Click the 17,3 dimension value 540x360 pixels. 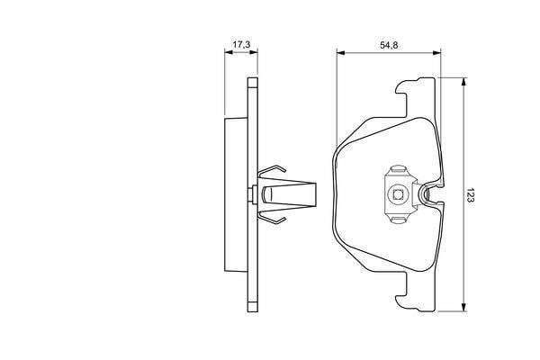[241, 44]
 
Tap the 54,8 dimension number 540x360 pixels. [389, 45]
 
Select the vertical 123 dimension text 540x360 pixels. [471, 195]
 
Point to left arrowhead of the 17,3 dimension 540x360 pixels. [229, 52]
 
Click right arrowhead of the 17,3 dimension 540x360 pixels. [254, 52]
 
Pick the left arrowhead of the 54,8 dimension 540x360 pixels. [341, 53]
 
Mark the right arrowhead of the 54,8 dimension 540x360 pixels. [436, 53]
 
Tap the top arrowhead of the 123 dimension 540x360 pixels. [463, 82]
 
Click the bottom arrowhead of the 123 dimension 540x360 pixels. [463, 307]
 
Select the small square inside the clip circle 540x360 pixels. [398, 195]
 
